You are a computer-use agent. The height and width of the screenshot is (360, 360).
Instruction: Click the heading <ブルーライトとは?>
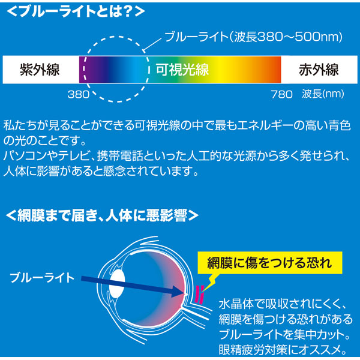click(76, 11)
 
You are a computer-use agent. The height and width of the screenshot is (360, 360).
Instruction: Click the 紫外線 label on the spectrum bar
click(40, 70)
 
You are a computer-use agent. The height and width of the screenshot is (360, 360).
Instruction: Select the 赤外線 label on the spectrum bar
click(319, 70)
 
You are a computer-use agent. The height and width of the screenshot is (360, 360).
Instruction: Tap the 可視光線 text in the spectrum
click(182, 70)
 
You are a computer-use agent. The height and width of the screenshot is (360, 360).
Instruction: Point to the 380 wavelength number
click(79, 94)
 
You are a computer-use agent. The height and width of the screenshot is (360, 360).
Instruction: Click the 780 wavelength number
click(281, 94)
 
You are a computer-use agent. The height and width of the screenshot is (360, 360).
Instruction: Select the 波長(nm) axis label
click(323, 94)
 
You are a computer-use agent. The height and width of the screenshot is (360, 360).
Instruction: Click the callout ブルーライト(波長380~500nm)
click(254, 37)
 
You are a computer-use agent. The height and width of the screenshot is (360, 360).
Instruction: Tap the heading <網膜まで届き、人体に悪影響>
click(102, 215)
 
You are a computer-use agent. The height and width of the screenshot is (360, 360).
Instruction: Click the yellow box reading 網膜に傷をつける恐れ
click(270, 263)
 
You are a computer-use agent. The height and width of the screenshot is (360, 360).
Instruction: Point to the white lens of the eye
click(116, 284)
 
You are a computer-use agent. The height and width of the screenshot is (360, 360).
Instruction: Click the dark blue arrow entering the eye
click(133, 286)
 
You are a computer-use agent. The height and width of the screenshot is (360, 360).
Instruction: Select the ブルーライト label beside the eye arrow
click(42, 278)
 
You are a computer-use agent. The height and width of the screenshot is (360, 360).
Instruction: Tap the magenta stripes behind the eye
click(199, 295)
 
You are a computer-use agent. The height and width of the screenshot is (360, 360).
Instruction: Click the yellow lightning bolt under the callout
click(210, 283)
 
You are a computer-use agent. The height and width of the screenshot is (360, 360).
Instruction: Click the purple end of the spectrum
click(86, 70)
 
